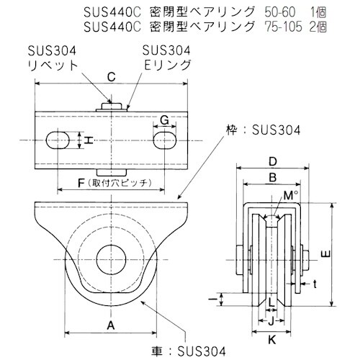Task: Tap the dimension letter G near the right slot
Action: click(x=164, y=119)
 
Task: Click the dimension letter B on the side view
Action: click(x=273, y=177)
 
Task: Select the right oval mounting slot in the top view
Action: click(x=166, y=139)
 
